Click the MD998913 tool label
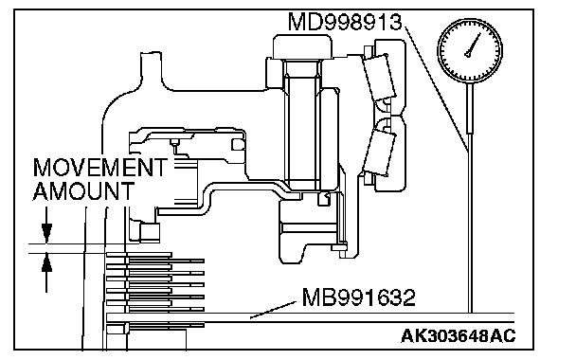345,22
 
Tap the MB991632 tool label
358,297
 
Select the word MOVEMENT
99,168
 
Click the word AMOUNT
83,191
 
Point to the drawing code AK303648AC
459,335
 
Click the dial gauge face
470,51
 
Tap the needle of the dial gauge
473,45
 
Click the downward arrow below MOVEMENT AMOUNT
46,225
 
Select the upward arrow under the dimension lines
46,273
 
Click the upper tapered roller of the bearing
379,78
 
